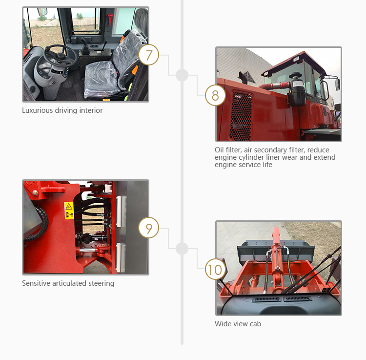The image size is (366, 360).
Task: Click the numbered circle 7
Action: click(149, 55)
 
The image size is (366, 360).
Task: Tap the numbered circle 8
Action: click(215, 95)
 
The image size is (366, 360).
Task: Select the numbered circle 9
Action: click(149, 228)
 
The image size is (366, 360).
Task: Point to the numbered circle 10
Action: click(215, 269)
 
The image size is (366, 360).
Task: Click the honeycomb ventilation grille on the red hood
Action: click(241, 116)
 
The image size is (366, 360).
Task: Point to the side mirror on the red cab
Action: click(338, 85)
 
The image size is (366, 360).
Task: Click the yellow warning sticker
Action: click(69, 211)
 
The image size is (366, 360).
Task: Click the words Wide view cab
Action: click(238, 324)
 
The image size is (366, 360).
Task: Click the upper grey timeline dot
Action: click(182, 75)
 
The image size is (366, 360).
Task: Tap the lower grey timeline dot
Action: click(182, 248)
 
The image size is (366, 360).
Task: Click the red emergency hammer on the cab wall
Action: click(110, 19)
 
